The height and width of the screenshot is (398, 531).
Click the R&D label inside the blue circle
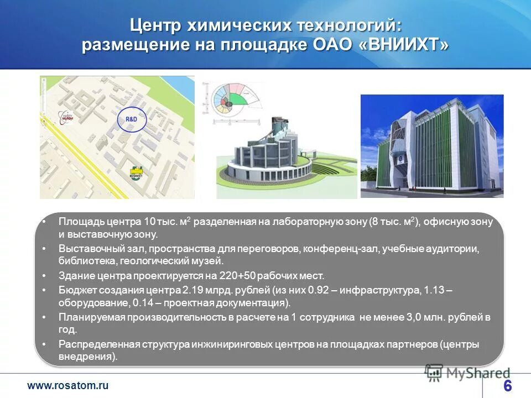coord(131,118)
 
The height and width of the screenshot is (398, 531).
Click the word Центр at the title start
coord(156,25)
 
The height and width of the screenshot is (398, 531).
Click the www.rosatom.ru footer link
coord(68,386)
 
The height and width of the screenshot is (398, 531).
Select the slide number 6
coord(507,386)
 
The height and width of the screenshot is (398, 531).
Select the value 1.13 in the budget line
coord(432,290)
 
